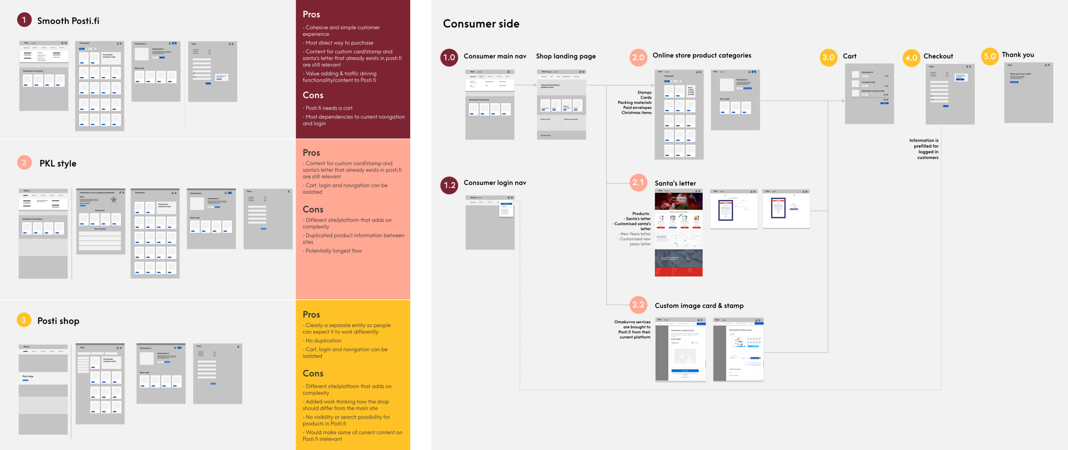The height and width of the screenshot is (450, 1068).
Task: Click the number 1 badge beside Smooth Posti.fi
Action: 24,20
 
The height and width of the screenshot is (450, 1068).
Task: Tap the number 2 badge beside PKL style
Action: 24,163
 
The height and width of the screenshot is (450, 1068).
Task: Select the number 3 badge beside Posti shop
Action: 24,320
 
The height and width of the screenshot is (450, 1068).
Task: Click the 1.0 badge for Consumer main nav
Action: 449,57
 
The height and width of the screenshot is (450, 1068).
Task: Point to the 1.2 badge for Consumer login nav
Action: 449,185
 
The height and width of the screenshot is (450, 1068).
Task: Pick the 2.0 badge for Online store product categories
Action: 638,57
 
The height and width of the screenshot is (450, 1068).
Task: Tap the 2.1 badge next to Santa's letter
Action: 638,183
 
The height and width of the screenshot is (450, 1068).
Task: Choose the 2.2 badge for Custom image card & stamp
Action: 638,305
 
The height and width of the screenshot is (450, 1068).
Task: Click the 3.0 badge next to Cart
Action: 828,57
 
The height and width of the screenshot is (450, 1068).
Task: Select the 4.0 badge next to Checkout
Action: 911,58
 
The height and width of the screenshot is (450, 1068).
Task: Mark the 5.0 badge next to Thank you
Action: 990,56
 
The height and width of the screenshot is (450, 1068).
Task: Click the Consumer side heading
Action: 481,24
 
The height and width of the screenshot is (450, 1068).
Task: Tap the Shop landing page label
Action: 566,56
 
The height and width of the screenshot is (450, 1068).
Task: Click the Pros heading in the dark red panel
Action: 311,15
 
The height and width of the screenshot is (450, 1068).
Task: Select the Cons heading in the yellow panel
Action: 313,374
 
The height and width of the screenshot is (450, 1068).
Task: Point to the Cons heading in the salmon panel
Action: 313,210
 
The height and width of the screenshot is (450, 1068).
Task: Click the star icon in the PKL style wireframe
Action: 114,199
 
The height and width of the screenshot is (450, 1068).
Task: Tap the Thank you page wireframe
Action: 1028,93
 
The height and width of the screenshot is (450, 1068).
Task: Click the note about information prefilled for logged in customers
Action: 924,149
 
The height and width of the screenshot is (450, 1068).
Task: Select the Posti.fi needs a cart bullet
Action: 328,108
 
